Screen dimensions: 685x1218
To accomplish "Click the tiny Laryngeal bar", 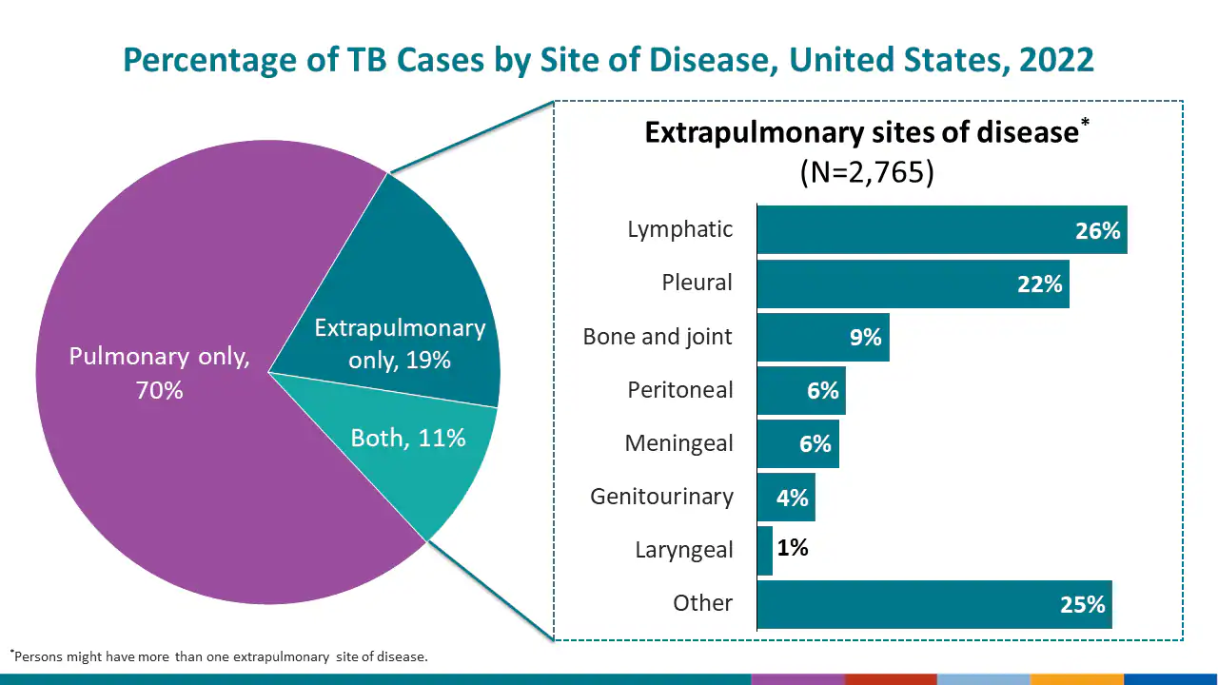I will point(765,551).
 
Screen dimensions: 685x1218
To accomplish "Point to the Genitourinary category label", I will point(661,497).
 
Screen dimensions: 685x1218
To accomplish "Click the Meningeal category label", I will point(678,443).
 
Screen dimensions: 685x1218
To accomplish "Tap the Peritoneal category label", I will point(679,390).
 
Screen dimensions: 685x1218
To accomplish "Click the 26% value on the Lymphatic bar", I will point(1097,230).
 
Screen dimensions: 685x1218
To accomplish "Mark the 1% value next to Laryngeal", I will point(793,548).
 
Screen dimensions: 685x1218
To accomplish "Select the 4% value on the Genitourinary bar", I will point(792,498).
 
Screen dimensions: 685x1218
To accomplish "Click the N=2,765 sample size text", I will point(866,172).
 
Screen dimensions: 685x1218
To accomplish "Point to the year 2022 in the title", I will point(1055,60).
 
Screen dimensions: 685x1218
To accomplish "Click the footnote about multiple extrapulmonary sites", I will point(219,656).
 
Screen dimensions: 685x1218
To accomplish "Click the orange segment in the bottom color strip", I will point(1076,679).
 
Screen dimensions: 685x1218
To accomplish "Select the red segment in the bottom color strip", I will point(891,679).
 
